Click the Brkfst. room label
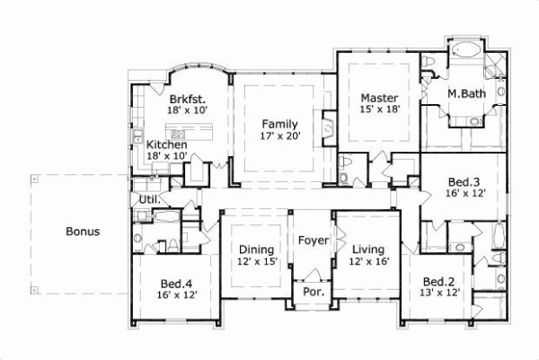pos(187,99)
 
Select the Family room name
pos(280,124)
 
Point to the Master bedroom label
pos(379,97)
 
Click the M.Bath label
pos(467,92)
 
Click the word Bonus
pos(83,232)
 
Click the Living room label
pos(367,250)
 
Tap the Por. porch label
pos(314,294)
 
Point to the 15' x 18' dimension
pos(379,110)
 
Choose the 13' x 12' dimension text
pos(441,293)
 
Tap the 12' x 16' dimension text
pos(367,261)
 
